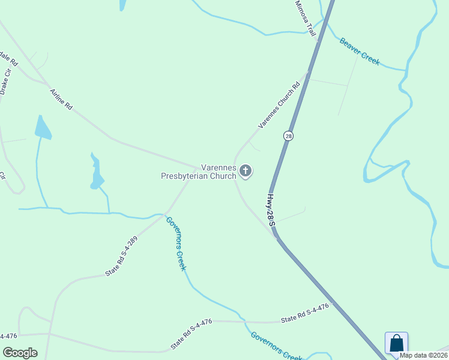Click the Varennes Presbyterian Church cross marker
click(245, 171)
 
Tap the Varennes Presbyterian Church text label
click(199, 172)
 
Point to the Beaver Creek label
click(360, 52)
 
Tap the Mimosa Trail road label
click(306, 18)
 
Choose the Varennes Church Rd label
click(279, 105)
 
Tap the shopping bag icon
click(396, 344)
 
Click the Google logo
click(20, 353)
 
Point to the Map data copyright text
click(423, 355)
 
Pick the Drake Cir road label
click(6, 82)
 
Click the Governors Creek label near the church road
click(176, 244)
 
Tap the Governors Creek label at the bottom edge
click(276, 347)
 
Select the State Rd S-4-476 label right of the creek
click(305, 313)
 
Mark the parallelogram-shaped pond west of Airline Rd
click(43, 128)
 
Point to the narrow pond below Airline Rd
click(96, 174)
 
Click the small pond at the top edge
click(122, 5)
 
